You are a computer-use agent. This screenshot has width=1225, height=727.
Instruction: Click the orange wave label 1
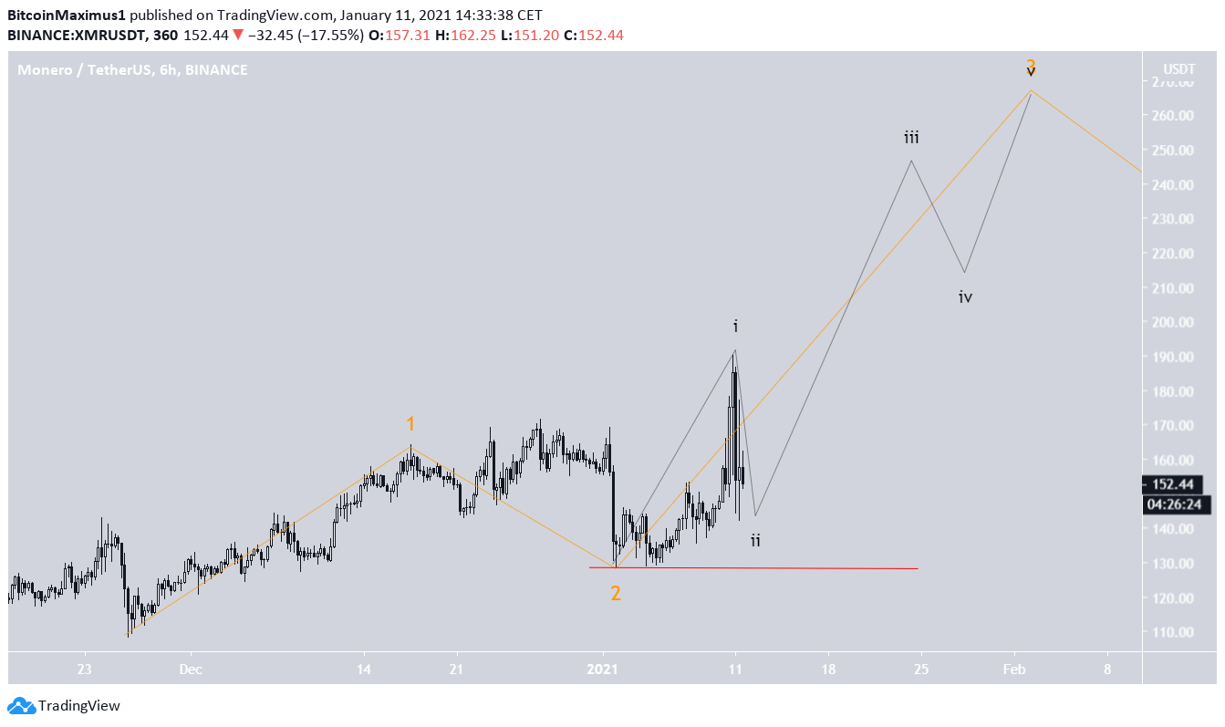[410, 424]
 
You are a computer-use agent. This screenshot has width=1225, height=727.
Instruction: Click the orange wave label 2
[616, 593]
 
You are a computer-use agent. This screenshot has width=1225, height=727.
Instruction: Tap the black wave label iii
[911, 138]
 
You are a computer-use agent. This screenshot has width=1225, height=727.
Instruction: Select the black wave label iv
[966, 297]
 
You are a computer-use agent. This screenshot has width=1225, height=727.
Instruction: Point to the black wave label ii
[755, 541]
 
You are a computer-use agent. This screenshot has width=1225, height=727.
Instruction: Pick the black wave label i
[735, 326]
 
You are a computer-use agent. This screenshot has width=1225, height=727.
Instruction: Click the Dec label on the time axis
[191, 669]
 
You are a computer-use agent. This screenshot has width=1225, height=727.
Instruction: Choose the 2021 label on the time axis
[603, 669]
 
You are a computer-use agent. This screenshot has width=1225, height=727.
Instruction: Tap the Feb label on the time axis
[1013, 669]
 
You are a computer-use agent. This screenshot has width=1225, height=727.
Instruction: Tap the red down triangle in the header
[237, 35]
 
